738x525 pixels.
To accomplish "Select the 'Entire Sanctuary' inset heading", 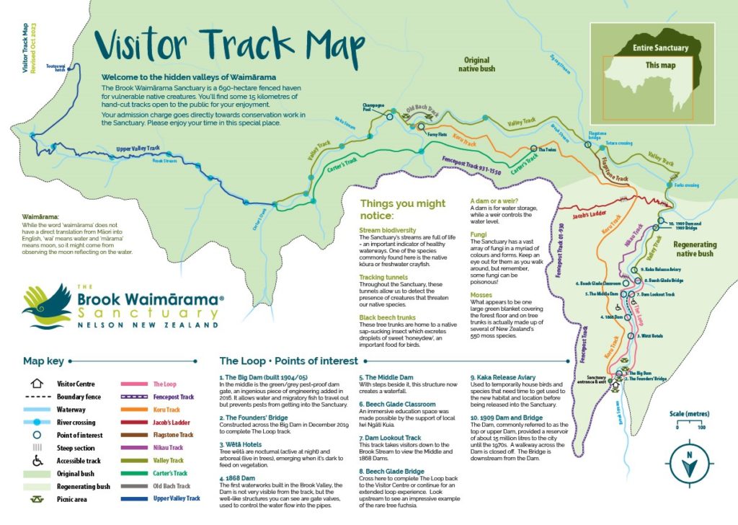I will tap(660, 48).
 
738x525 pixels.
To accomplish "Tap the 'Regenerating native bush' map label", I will tap(695, 249).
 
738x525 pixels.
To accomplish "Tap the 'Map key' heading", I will tap(44, 361).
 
